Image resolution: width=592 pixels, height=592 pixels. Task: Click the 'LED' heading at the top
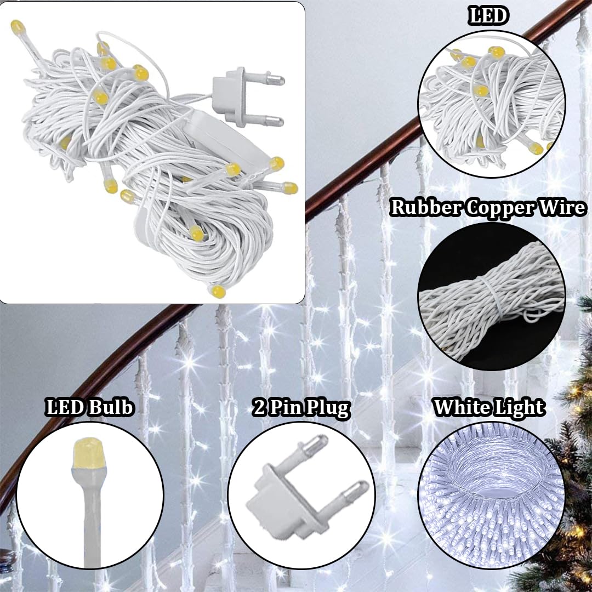487,16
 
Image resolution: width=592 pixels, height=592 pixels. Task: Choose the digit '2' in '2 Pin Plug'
259,408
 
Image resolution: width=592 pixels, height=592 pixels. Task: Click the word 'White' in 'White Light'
459,407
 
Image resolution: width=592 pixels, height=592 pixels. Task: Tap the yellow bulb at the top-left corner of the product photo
18,27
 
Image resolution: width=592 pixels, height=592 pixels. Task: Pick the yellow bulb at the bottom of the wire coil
218,291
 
